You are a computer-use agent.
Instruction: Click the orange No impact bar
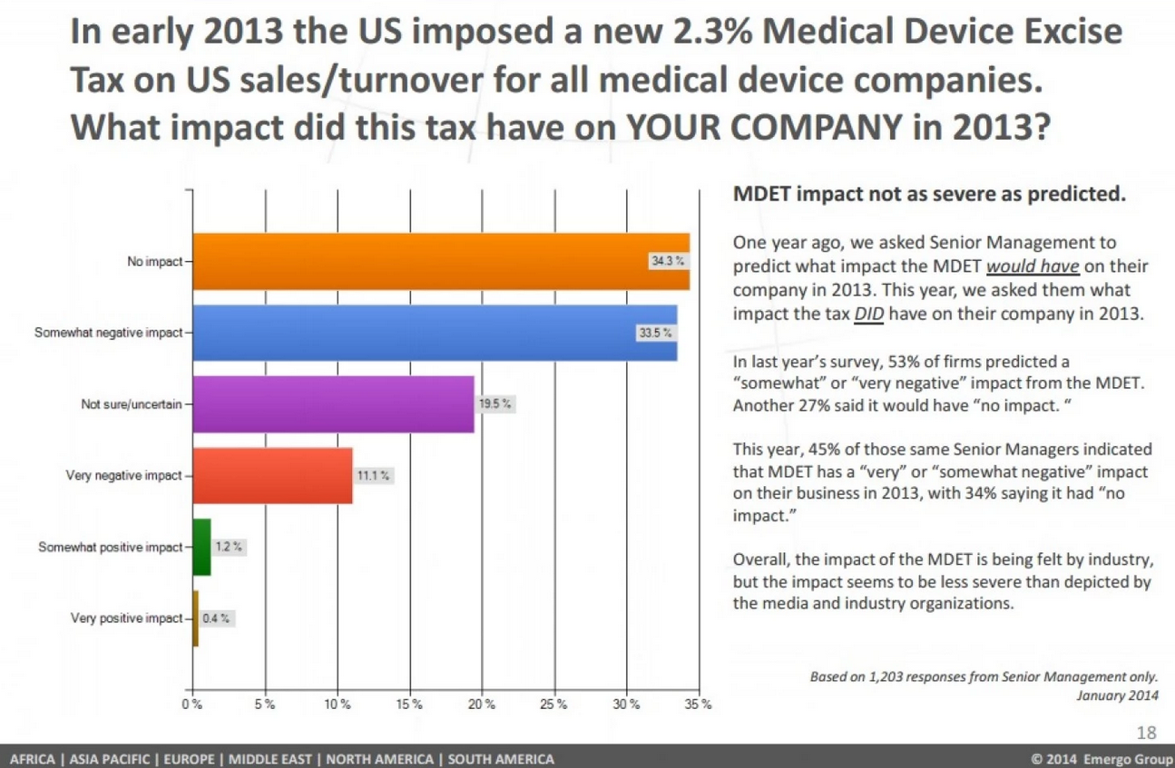[x=436, y=261]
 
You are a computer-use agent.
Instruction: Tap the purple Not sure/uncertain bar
[x=331, y=404]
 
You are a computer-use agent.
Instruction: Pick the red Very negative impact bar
[x=272, y=475]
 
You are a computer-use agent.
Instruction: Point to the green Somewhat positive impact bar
[x=201, y=547]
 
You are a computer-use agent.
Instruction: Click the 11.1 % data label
[x=373, y=475]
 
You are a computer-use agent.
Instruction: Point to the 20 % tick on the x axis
[x=481, y=705]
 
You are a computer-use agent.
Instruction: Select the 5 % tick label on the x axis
[x=264, y=705]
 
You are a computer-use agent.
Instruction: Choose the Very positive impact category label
[x=126, y=618]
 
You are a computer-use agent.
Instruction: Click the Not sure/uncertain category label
[x=132, y=404]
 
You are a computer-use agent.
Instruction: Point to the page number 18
[x=1147, y=733]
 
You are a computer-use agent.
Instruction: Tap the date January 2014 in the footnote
[x=1117, y=695]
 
